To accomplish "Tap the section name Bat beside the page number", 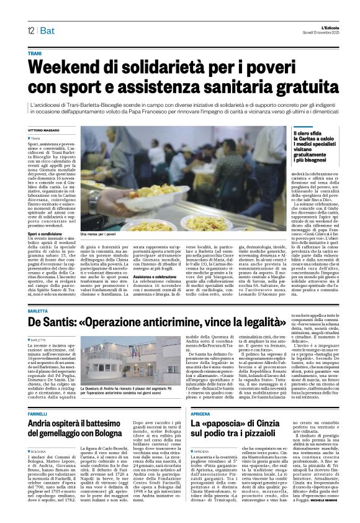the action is (48, 32).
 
